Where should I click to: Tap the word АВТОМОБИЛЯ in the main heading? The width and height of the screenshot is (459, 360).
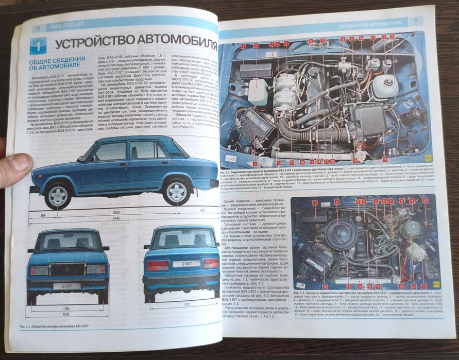point(170,41)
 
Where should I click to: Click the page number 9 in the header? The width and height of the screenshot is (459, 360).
point(417,22)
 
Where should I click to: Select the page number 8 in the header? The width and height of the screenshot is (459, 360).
point(39,28)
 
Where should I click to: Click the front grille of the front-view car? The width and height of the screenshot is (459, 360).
point(67,268)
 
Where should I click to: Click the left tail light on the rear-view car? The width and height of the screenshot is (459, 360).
point(157,265)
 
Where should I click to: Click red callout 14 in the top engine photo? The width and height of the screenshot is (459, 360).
point(384,160)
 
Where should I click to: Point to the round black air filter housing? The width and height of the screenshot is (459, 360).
point(341,234)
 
